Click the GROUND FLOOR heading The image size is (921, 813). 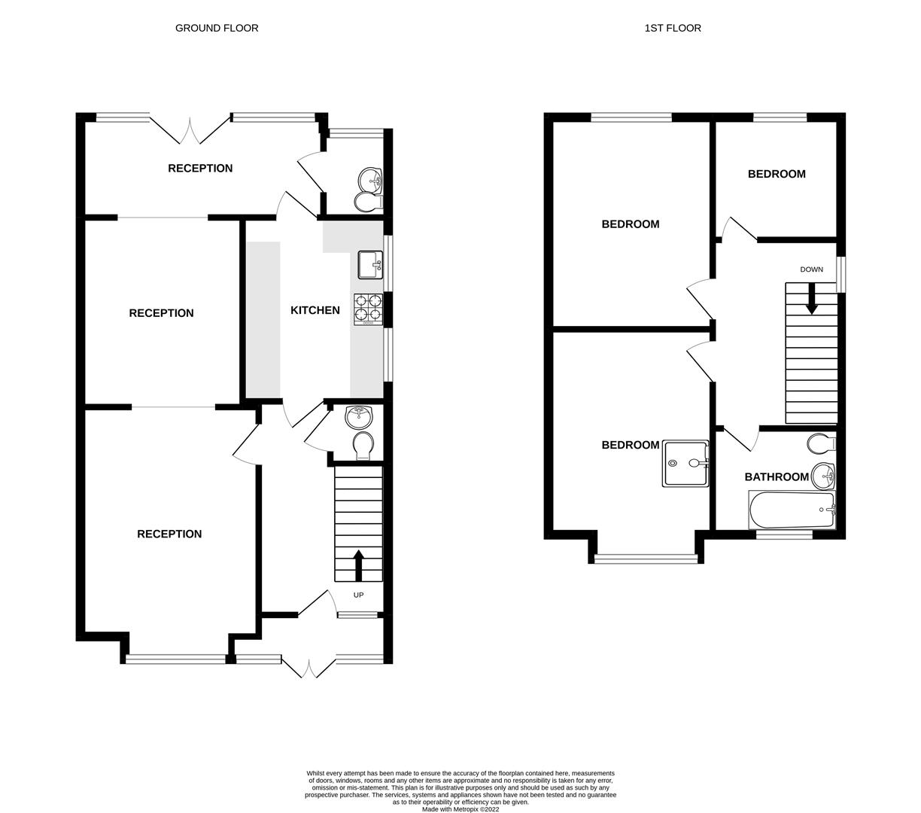(x=217, y=28)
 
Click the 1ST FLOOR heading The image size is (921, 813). (x=673, y=28)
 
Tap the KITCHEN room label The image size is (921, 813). (x=315, y=310)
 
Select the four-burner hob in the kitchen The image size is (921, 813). (x=368, y=309)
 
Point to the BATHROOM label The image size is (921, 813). (x=777, y=477)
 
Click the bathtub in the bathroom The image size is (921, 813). (x=792, y=510)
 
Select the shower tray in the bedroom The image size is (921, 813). (x=685, y=464)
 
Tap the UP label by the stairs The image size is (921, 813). (x=358, y=595)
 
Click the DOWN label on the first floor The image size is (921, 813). (x=811, y=269)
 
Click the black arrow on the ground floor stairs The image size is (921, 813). (x=358, y=565)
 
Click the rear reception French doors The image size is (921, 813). (x=190, y=129)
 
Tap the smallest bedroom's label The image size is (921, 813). (x=777, y=174)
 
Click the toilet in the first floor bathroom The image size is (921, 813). (x=819, y=443)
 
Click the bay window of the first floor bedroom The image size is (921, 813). (x=646, y=559)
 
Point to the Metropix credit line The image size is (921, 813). (x=460, y=809)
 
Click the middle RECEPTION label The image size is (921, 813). (x=161, y=313)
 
